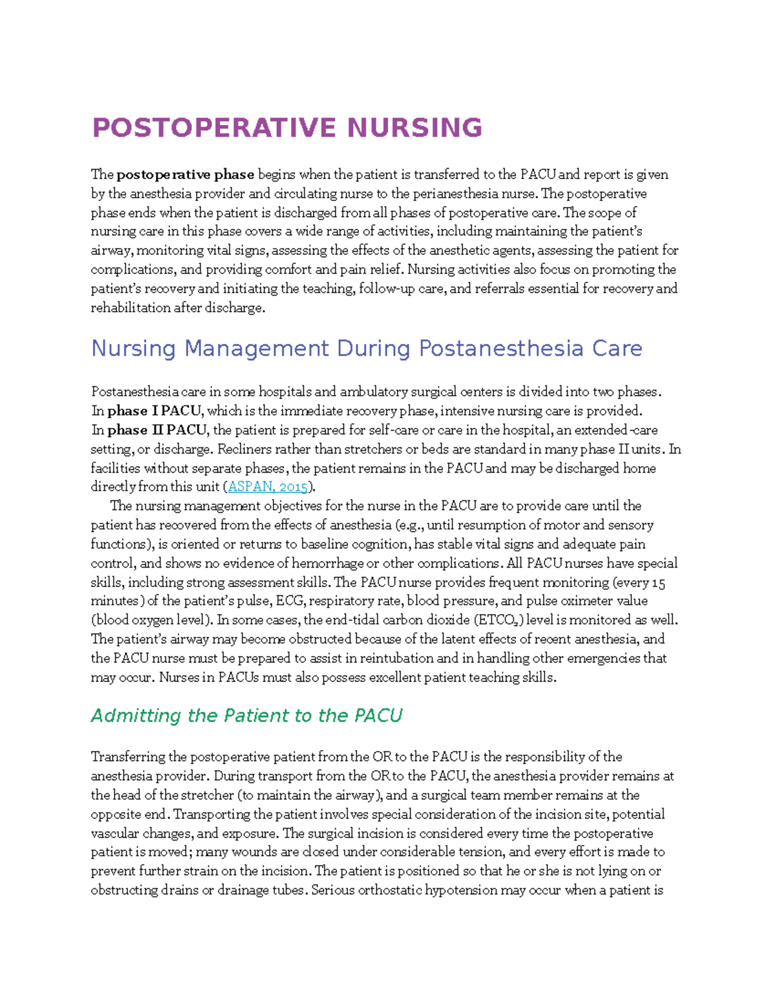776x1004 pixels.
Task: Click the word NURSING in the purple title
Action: coord(415,128)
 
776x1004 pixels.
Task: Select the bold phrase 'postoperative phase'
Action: coord(186,175)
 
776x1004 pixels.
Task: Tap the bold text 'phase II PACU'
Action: coord(157,430)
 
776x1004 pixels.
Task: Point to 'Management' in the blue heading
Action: coord(257,348)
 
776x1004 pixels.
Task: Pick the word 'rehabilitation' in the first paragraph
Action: coord(131,308)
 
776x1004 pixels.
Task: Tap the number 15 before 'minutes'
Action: coord(658,582)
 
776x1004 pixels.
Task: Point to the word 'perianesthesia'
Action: coord(451,194)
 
